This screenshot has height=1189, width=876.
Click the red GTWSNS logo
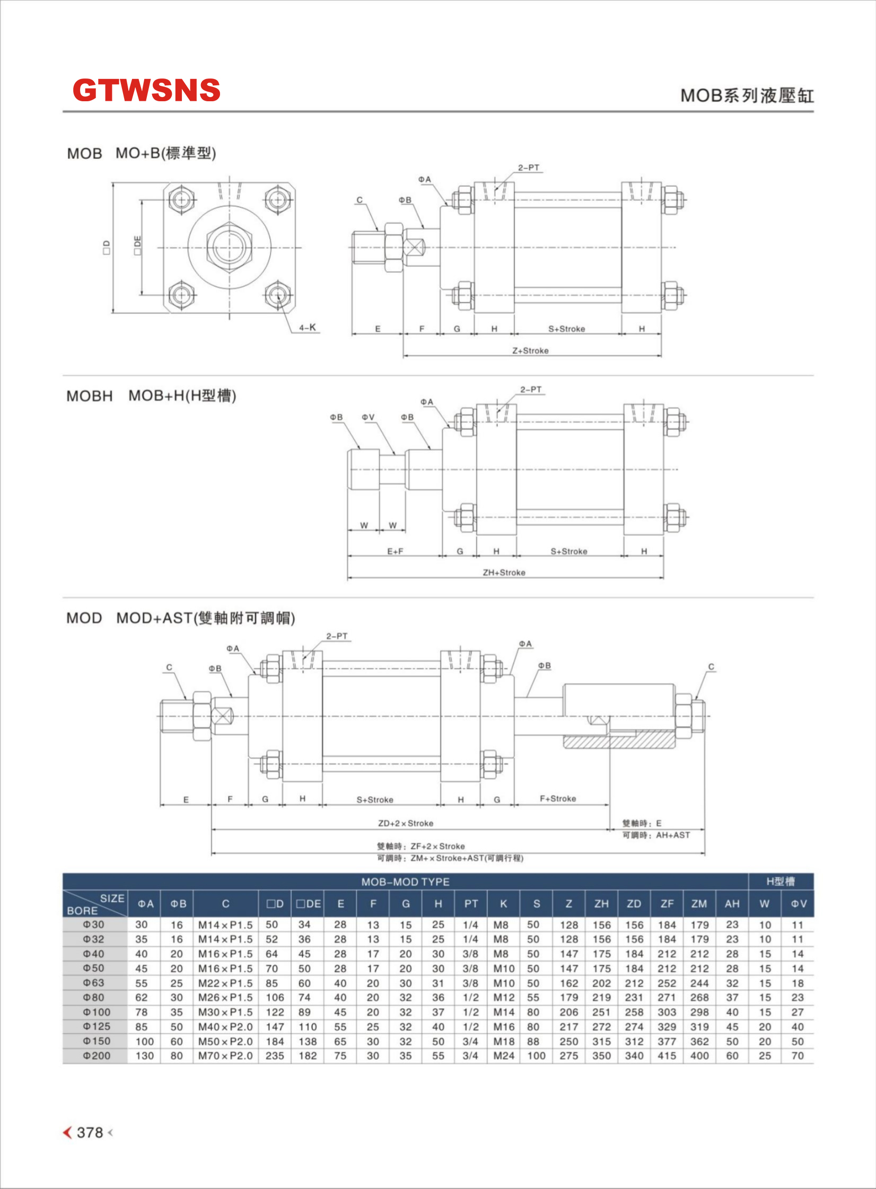pos(146,90)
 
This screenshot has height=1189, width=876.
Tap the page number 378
pos(90,1132)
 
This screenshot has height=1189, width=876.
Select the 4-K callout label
pos(308,328)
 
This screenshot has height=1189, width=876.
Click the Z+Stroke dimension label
pos(530,350)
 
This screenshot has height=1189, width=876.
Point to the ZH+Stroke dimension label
pos(504,573)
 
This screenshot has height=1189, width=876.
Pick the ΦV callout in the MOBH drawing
pos(368,417)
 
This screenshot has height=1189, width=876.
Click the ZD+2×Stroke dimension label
pos(406,823)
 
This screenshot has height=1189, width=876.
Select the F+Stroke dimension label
pos(558,798)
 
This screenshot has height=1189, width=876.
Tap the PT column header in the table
pos(471,904)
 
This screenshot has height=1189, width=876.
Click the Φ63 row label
pos(94,983)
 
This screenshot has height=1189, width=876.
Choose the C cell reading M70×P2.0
pos(225,1056)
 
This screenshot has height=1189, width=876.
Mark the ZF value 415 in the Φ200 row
pos(667,1056)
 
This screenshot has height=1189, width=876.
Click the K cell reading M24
pos(504,1056)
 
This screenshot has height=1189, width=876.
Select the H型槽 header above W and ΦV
pos(781,882)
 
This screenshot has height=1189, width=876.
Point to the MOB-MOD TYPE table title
pos(405,882)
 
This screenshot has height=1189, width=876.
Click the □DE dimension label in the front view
pos(138,245)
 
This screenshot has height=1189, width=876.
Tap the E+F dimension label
pos(395,551)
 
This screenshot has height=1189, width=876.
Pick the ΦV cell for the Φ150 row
pos(798,1042)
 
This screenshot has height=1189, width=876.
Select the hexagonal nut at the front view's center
pos(230,247)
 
